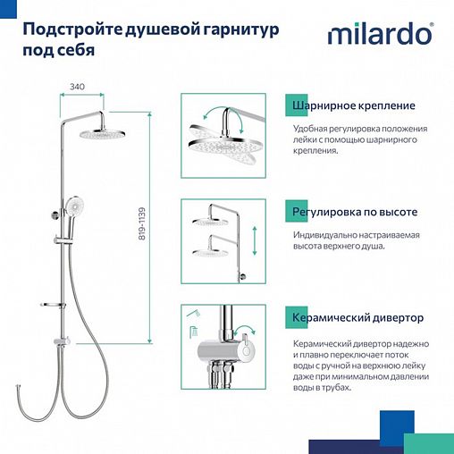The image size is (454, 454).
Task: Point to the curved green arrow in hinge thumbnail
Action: pyautogui.click(x=205, y=113)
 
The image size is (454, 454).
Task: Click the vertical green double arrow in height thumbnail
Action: pyautogui.click(x=255, y=240)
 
